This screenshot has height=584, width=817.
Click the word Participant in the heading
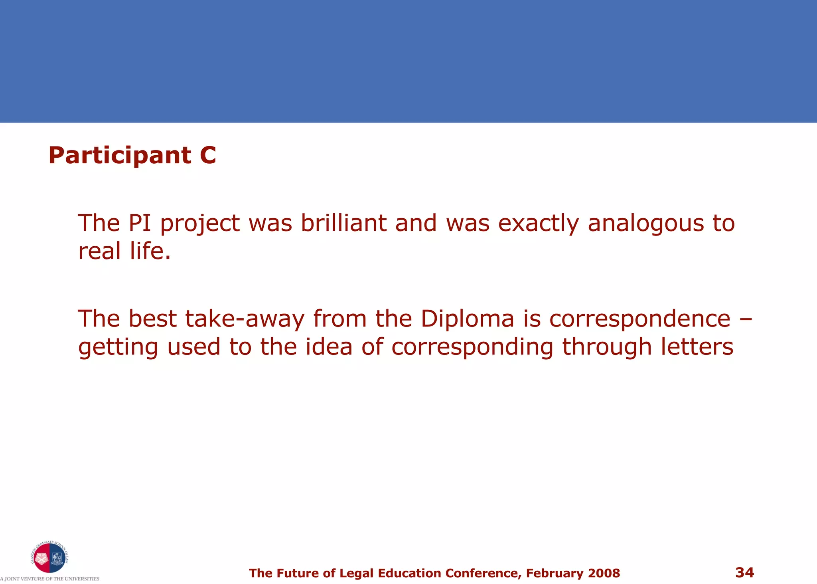(x=119, y=155)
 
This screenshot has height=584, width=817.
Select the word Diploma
(x=467, y=319)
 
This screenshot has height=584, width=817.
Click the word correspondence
(x=639, y=319)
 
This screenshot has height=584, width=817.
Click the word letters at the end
(x=697, y=346)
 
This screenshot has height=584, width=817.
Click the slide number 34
(x=744, y=572)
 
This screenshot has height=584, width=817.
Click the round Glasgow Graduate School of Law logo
(x=49, y=557)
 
